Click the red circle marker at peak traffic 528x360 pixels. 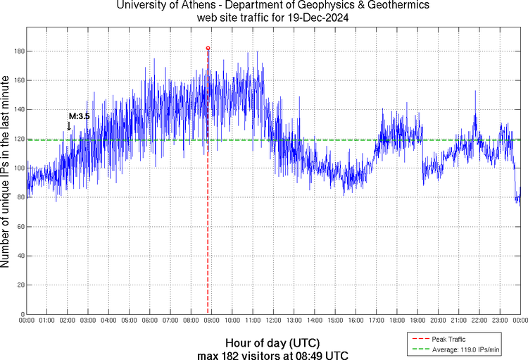coord(208,48)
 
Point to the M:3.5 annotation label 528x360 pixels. coord(79,116)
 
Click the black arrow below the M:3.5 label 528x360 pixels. coord(69,125)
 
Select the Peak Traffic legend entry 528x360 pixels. coord(453,339)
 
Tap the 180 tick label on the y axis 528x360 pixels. coord(17,51)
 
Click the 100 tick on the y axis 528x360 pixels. coord(17,168)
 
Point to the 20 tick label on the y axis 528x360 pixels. coord(19,285)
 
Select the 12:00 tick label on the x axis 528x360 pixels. coord(274,321)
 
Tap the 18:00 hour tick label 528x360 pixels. coord(397,321)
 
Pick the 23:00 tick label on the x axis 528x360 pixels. coord(500,321)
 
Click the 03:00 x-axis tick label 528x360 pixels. coord(89,321)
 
